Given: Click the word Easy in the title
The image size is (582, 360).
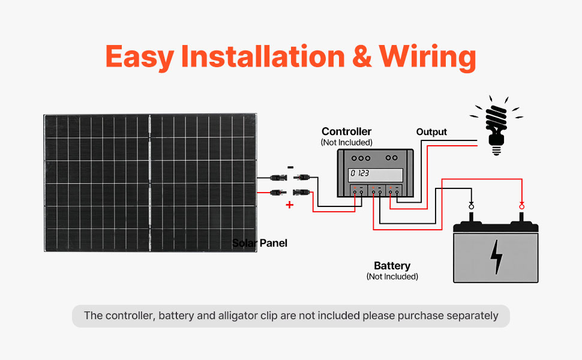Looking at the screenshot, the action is pyautogui.click(x=140, y=57).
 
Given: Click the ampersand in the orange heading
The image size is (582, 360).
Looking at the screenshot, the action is pyautogui.click(x=362, y=56).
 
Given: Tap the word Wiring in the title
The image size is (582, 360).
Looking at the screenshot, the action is pyautogui.click(x=427, y=57).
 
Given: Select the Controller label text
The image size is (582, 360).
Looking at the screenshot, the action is pyautogui.click(x=346, y=131).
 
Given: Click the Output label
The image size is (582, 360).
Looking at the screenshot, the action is pyautogui.click(x=431, y=132).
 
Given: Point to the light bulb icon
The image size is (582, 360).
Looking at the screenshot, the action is pyautogui.click(x=496, y=125).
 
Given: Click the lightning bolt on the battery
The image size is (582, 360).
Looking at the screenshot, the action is pyautogui.click(x=496, y=257).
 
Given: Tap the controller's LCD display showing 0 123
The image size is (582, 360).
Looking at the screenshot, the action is pyautogui.click(x=375, y=175).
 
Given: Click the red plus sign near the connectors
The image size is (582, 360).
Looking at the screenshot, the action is pyautogui.click(x=290, y=205).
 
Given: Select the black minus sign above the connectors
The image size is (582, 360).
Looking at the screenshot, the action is pyautogui.click(x=290, y=167).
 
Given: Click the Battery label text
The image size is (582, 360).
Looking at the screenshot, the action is pyautogui.click(x=392, y=266).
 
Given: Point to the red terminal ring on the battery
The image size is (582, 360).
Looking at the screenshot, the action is pyautogui.click(x=522, y=206).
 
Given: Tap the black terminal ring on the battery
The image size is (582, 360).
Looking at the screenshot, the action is pyautogui.click(x=472, y=206).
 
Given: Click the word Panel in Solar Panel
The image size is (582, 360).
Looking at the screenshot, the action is pyautogui.click(x=274, y=243).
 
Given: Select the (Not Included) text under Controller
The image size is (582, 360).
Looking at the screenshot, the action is pyautogui.click(x=346, y=143).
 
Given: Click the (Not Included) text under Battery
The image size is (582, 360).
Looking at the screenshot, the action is pyautogui.click(x=392, y=277).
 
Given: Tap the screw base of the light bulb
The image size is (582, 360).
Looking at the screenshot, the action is pyautogui.click(x=496, y=151).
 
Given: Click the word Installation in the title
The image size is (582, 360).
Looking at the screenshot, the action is pyautogui.click(x=263, y=56).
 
